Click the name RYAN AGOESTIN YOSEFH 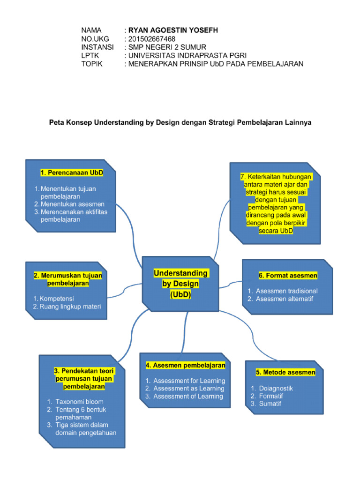(173, 30)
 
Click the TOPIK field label (93, 64)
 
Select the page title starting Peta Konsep (180, 122)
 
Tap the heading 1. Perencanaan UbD (72, 173)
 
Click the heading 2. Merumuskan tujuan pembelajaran (68, 279)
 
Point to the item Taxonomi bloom (79, 402)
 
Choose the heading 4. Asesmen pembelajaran (185, 365)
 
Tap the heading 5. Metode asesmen (285, 372)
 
